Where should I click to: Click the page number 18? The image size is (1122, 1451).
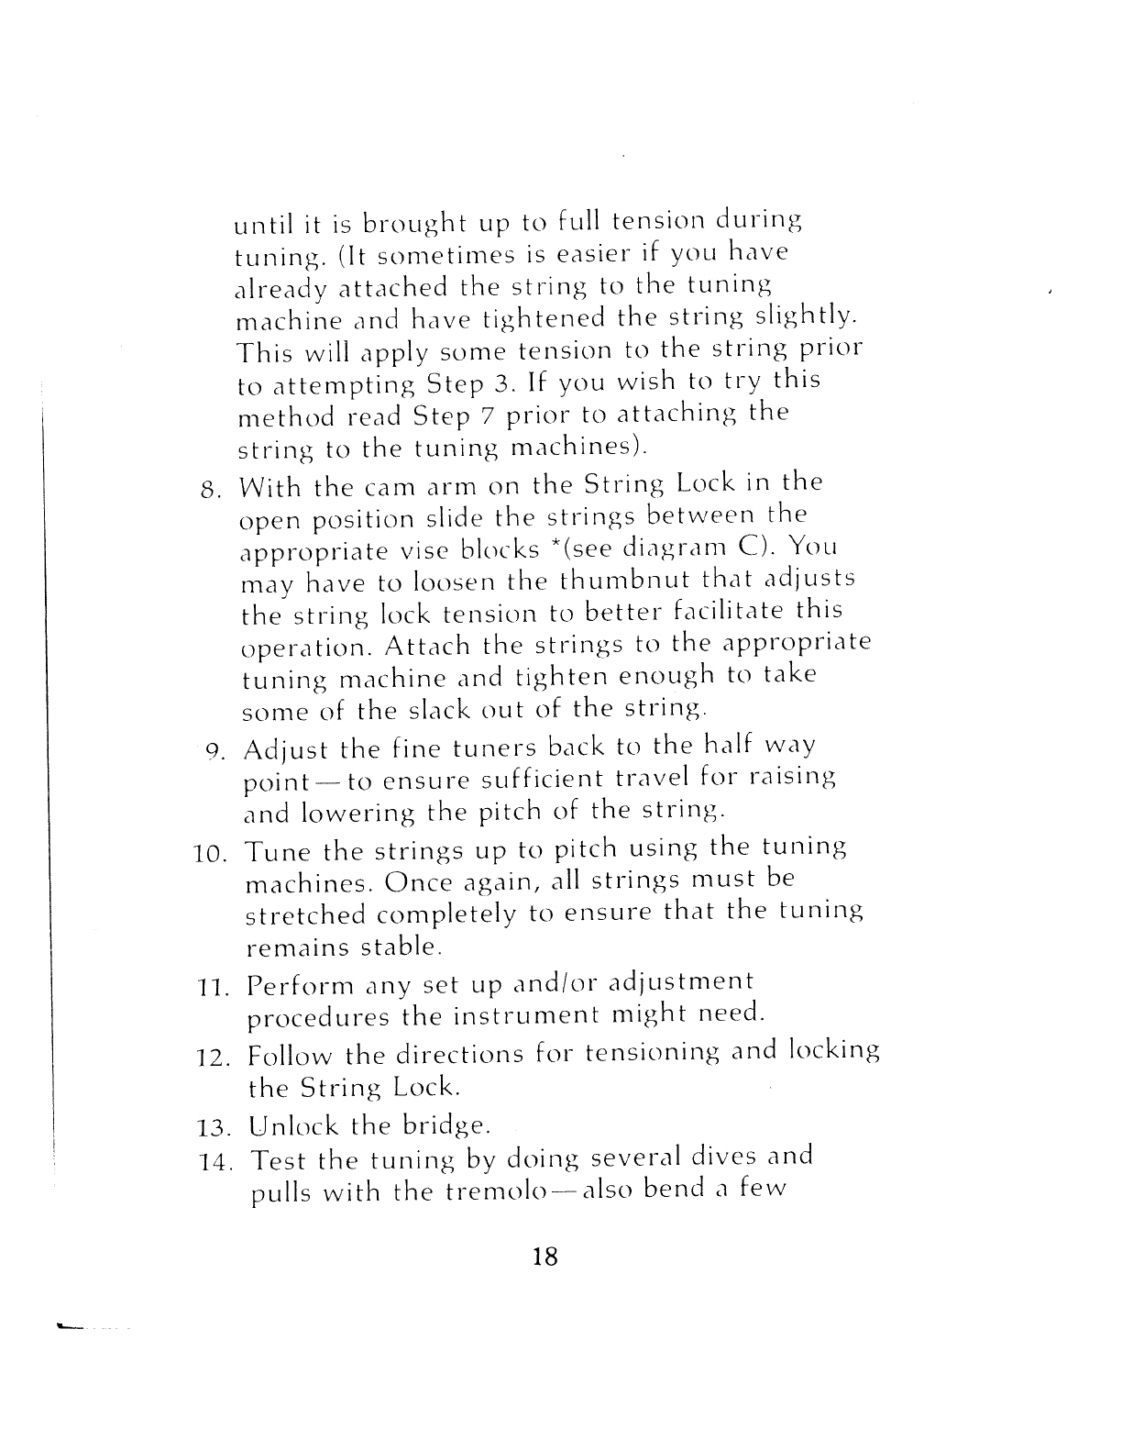click(544, 1256)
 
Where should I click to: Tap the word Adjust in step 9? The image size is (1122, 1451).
click(287, 751)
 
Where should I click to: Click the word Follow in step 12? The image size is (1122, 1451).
click(292, 1055)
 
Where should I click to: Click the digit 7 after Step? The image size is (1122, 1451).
click(488, 415)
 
